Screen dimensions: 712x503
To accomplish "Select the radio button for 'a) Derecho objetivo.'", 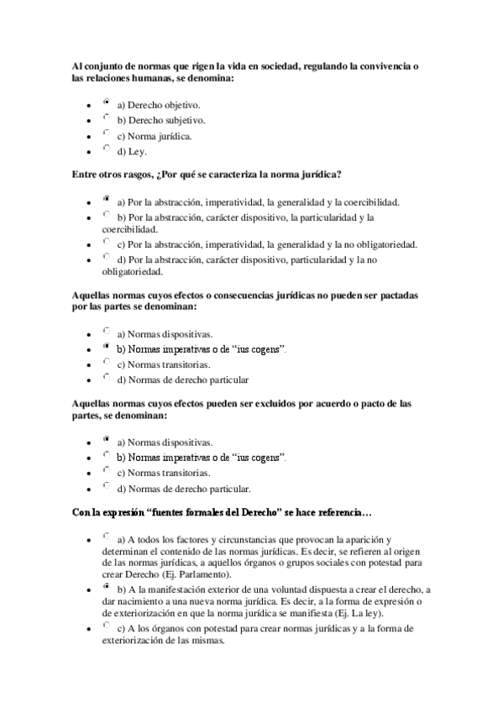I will tap(106, 102).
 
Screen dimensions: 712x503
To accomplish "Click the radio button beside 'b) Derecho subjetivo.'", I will tap(106, 117).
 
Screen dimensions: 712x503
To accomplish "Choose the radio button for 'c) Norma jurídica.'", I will tap(106, 132).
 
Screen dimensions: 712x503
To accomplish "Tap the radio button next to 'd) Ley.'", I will tap(106, 148).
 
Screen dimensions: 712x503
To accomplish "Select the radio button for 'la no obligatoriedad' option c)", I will tap(106, 241).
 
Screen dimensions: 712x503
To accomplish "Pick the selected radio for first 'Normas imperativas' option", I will tap(106, 345).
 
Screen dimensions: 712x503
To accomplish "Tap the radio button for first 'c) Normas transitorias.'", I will tap(106, 361).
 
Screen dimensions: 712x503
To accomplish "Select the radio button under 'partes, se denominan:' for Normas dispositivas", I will tap(106, 438).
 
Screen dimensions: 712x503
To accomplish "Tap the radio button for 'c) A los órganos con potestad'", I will tap(106, 626).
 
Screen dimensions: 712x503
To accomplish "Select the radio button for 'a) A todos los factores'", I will tap(106, 535).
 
